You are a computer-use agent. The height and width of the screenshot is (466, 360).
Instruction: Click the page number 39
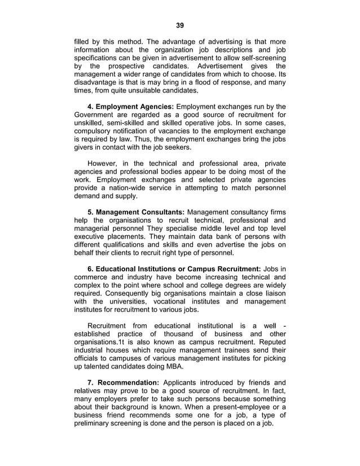click(180, 25)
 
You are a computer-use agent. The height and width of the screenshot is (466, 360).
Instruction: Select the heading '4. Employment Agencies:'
click(131, 106)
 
